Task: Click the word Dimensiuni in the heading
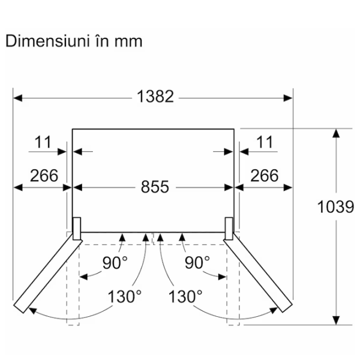(47, 41)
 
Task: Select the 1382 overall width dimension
(155, 97)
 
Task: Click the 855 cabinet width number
(155, 187)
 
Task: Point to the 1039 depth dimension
(335, 207)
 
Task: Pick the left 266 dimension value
(44, 176)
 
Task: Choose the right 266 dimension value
(264, 176)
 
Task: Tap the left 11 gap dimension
(43, 142)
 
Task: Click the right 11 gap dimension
(265, 142)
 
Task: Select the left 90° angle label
(115, 263)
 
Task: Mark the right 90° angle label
(197, 263)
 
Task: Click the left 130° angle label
(125, 296)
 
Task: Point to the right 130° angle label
(185, 296)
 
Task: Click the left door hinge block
(77, 229)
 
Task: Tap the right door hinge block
(229, 229)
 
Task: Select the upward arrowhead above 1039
(336, 133)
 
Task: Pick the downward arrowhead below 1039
(336, 320)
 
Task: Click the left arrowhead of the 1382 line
(18, 98)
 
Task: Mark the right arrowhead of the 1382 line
(288, 98)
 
